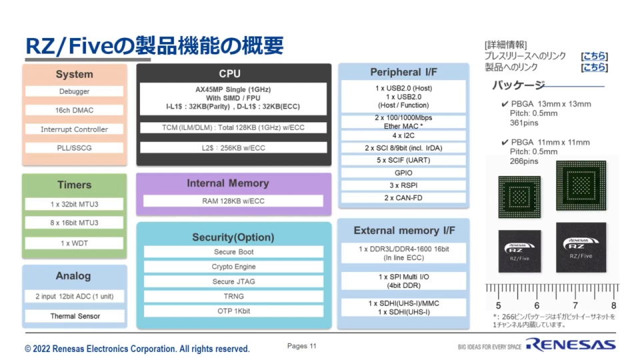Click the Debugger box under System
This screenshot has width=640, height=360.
(x=74, y=91)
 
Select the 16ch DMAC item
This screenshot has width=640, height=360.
(x=74, y=110)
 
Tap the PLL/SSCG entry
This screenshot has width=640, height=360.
(x=74, y=148)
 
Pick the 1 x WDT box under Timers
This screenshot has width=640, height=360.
(x=74, y=243)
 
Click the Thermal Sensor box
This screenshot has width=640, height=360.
(x=74, y=316)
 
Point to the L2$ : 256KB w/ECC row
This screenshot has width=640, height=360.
(x=233, y=148)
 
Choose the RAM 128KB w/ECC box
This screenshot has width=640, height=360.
(x=233, y=201)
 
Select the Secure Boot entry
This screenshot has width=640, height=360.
(x=233, y=252)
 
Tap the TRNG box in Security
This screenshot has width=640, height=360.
(x=233, y=296)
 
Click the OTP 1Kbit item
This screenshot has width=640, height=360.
(x=233, y=311)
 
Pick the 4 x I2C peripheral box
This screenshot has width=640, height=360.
(x=403, y=135)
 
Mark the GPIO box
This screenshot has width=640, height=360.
(x=403, y=173)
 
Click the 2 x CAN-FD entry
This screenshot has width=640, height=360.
(x=403, y=198)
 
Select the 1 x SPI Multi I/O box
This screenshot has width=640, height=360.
(x=403, y=281)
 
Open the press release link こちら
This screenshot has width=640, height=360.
(x=594, y=57)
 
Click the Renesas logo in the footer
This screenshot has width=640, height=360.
(x=570, y=345)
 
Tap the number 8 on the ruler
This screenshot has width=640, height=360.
(x=613, y=305)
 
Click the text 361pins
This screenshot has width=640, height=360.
(x=524, y=123)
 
